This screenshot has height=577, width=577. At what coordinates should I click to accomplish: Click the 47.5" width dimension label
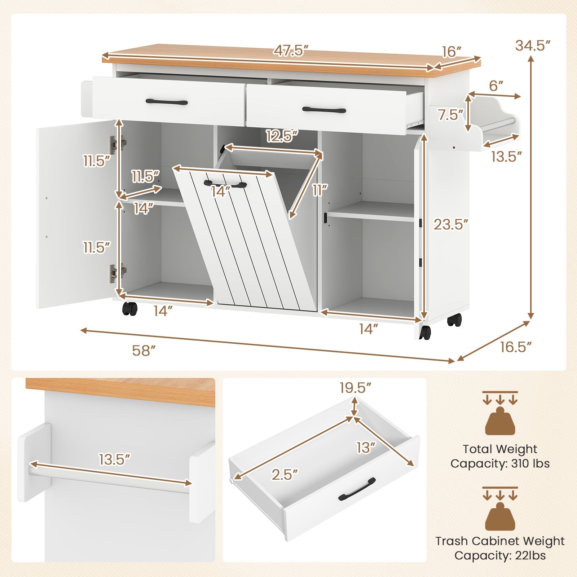coord(291,51)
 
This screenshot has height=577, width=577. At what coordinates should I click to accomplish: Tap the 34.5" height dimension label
coord(533,46)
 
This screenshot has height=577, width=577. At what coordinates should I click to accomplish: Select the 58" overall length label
coord(144,351)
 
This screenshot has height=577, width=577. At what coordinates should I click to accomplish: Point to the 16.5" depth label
coord(516,347)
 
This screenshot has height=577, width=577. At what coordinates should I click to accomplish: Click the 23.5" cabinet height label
coord(451,225)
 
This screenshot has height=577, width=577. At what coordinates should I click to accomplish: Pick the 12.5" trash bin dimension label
coord(282,136)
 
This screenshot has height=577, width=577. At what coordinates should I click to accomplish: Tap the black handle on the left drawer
coord(167,102)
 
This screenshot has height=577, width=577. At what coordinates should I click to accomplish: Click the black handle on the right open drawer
coord(324,110)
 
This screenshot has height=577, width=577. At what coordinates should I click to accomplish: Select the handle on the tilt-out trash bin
coord(225,184)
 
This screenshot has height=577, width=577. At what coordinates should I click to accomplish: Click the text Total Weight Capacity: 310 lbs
coord(500,456)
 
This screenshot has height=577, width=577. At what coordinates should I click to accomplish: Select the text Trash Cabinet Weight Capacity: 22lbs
coord(500,548)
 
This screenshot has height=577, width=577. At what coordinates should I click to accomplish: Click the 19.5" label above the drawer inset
coord(355,388)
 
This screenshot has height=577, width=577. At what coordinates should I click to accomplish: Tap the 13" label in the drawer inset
coord(366,448)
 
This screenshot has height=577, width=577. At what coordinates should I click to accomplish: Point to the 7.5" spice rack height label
coord(450,115)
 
